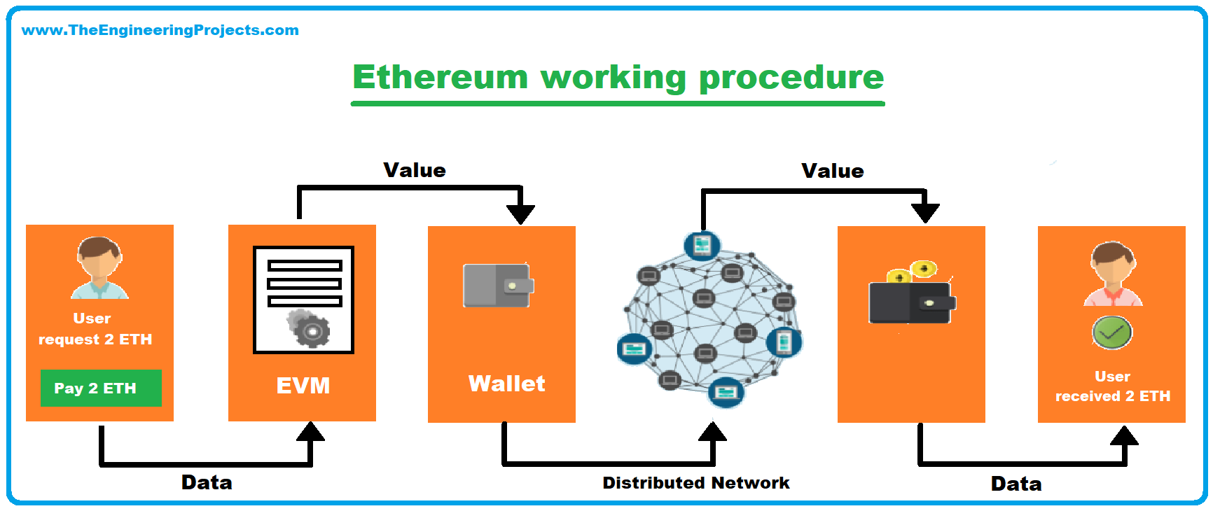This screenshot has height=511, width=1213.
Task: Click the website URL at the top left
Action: coord(160,30)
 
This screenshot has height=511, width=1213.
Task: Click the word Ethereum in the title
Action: coord(440,77)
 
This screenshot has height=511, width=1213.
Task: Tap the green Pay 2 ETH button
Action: coord(101,388)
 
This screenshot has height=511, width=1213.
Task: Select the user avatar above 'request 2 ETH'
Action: coord(99,268)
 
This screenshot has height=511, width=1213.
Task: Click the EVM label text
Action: coord(303,386)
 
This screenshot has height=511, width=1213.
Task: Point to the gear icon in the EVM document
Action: coord(311,330)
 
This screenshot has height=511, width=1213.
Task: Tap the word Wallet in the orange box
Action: coord(506,384)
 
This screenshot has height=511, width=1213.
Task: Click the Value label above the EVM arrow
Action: coord(414,170)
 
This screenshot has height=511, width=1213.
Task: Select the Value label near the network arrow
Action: coord(832,171)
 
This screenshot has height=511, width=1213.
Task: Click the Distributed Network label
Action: coord(695,483)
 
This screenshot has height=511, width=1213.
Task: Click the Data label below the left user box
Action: coord(207,482)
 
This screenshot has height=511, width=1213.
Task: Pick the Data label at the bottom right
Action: coord(1016,484)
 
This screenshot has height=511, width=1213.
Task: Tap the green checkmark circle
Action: coord(1111,332)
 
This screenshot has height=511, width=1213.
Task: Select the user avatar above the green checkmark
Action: coord(1112,274)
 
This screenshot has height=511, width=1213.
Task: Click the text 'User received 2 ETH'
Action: coord(1112,386)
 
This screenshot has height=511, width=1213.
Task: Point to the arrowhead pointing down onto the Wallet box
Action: coord(520,213)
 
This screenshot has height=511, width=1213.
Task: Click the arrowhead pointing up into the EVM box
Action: coord(310,431)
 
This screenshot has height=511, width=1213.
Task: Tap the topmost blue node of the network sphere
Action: coord(702,245)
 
